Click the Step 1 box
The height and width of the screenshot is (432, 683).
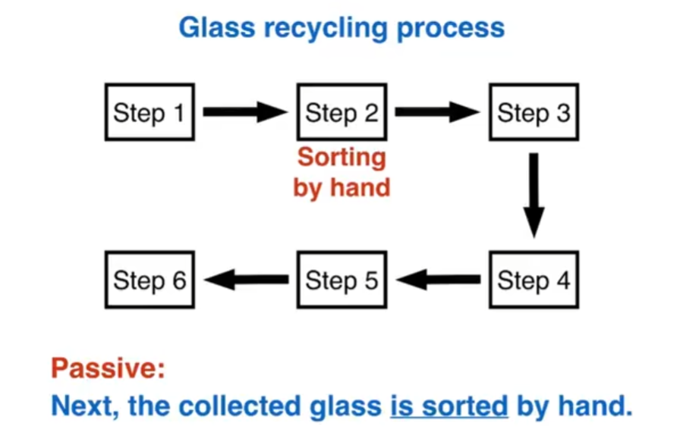coord(150,112)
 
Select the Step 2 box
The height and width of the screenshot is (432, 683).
coord(341,112)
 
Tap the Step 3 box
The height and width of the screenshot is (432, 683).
coord(533,112)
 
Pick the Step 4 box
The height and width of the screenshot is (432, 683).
coord(533,280)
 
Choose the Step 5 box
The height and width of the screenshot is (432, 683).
coord(341,280)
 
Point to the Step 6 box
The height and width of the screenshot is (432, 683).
coord(150,280)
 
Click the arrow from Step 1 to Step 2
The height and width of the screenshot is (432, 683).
coord(244,112)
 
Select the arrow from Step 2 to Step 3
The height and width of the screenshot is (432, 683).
coord(436,112)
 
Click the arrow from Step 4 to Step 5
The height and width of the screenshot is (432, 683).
coord(439,280)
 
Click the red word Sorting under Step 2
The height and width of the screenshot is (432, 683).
coord(341,157)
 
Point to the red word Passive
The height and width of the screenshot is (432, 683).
coord(107,369)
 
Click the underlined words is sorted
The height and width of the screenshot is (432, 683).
coord(449,405)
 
